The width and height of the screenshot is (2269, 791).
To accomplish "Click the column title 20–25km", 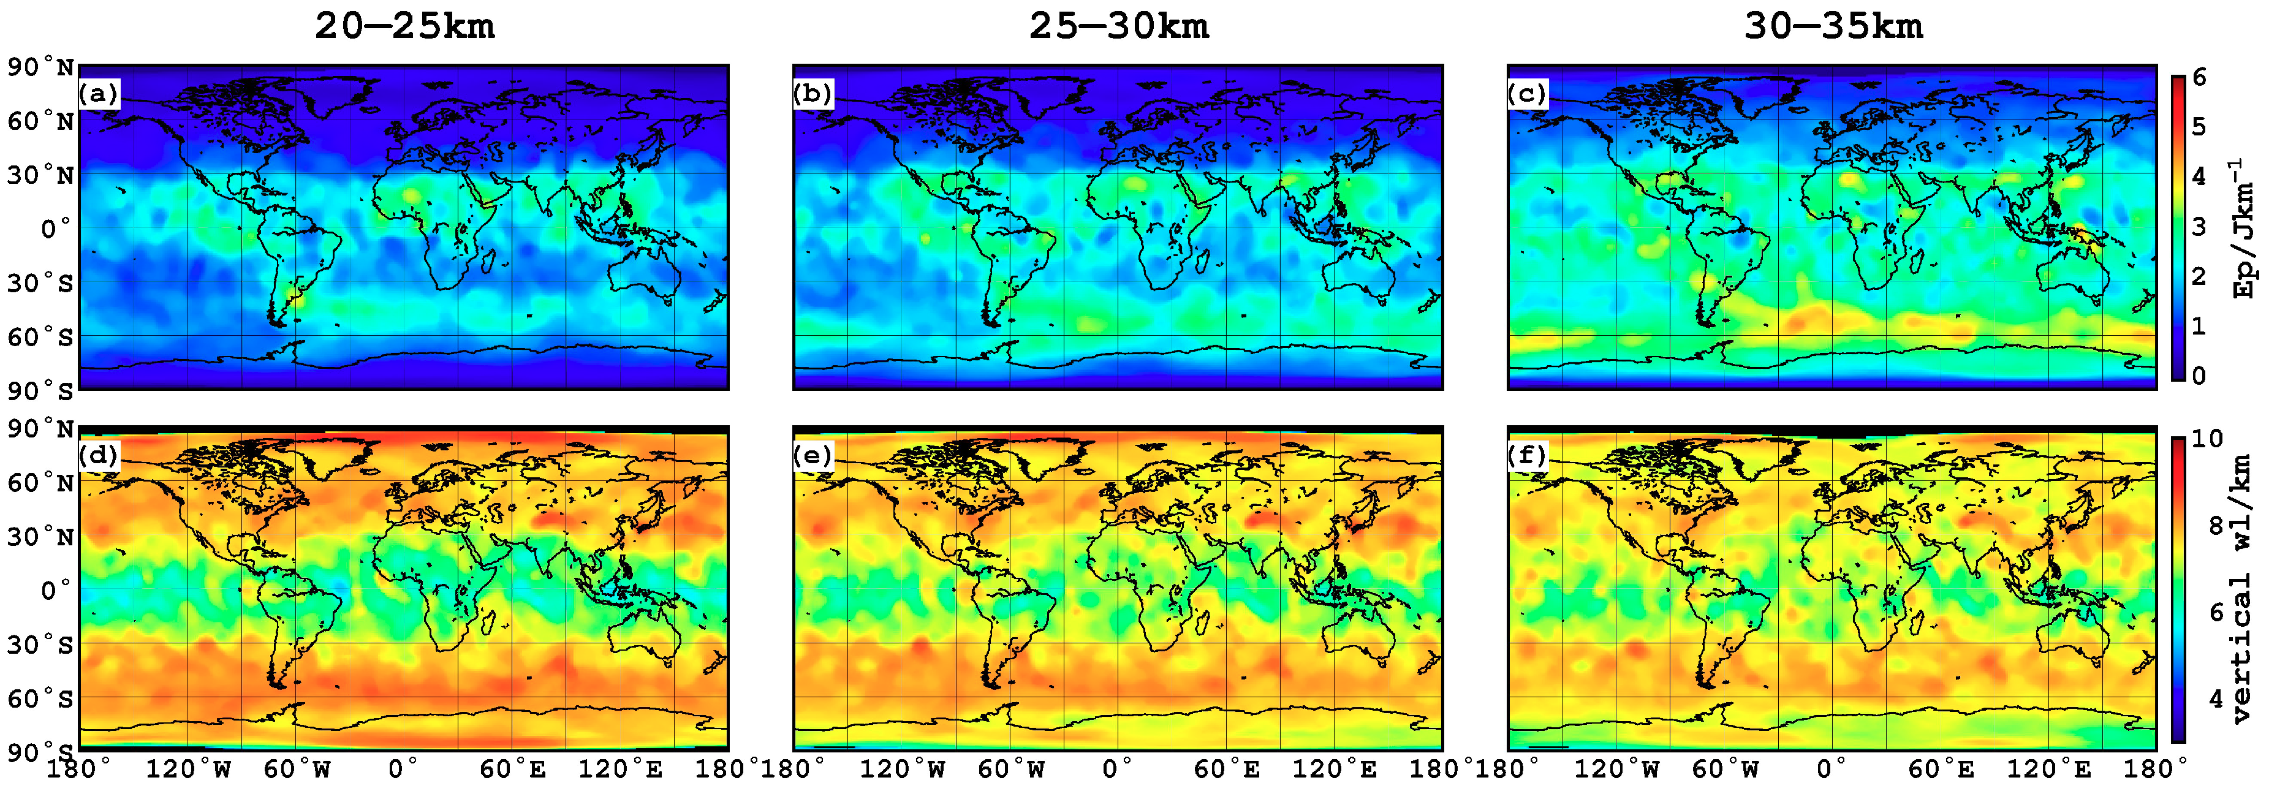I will [x=404, y=26].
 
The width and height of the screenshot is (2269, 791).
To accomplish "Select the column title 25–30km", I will [x=1119, y=26].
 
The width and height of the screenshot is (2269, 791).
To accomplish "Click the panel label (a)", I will [x=98, y=93].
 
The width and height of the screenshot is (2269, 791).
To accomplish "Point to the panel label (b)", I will [x=812, y=93].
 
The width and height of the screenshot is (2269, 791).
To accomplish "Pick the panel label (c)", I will [x=1526, y=93].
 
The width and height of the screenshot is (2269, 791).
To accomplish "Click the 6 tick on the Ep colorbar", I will [x=2199, y=78].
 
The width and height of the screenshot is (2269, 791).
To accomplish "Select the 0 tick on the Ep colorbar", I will [x=2199, y=376].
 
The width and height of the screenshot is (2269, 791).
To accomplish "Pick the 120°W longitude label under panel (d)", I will [x=188, y=770].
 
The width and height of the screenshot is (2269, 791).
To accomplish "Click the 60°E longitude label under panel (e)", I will [x=1227, y=770].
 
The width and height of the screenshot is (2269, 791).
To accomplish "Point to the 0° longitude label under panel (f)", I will [x=1833, y=770].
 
